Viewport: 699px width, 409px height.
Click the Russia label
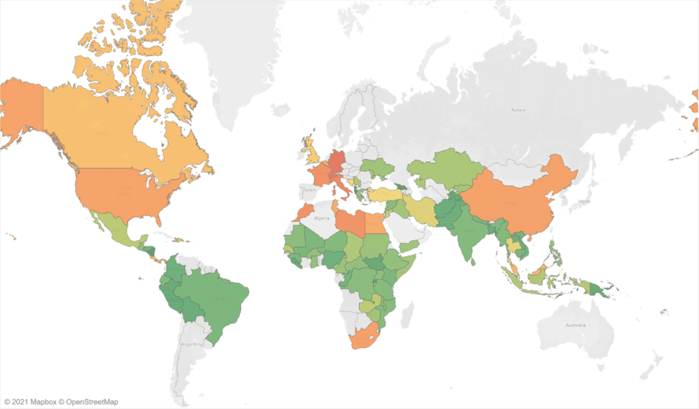[x=519, y=109]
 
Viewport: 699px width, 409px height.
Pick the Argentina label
[x=192, y=344]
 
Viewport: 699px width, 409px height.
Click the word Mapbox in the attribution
[x=44, y=401]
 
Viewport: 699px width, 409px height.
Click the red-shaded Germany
[x=337, y=163]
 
